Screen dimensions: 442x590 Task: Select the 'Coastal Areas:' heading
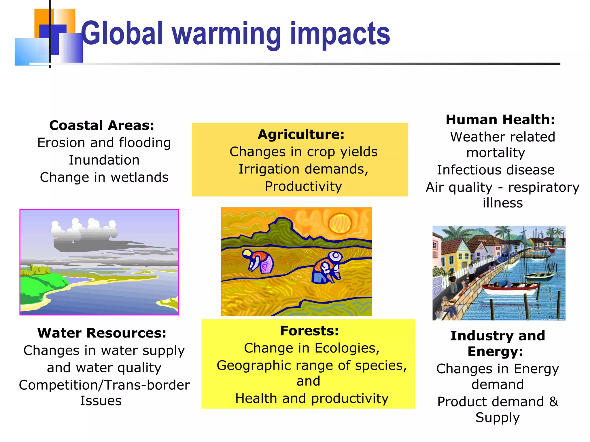[102, 125]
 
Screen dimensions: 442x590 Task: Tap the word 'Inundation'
[104, 160]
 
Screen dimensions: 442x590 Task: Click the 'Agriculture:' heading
[301, 134]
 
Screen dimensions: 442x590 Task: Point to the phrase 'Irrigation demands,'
[303, 169]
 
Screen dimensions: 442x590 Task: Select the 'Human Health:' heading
[500, 120]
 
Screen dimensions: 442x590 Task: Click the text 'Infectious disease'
[496, 170]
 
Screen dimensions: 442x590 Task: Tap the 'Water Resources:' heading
[102, 333]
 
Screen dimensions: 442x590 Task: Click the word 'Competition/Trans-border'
[104, 385]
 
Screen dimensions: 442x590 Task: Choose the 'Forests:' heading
[309, 331]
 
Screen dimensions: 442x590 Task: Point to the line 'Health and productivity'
[312, 399]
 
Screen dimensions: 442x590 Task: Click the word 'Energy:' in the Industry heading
[495, 352]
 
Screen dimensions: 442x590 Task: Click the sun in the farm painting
[340, 223]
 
